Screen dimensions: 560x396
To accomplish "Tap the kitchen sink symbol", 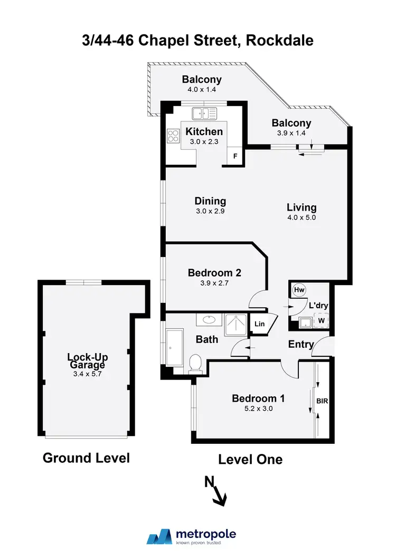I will [x=204, y=113].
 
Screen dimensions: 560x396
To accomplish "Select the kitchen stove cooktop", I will [x=174, y=137].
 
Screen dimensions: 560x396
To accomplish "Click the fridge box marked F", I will [x=235, y=156].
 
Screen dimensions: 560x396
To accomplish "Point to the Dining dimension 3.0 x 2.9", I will [x=210, y=211].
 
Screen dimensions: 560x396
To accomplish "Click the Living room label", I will [x=301, y=207].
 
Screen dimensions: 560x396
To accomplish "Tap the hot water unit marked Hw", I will [x=299, y=290].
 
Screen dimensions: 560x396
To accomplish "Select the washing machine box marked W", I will [x=320, y=320].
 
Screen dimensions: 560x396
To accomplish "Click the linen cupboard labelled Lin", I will [x=259, y=325].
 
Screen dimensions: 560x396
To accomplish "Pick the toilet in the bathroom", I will [x=195, y=363].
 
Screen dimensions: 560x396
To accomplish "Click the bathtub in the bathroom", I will [x=173, y=348].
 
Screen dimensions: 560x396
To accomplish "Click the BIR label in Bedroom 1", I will [x=322, y=401].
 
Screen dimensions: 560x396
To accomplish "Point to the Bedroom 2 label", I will [x=214, y=273].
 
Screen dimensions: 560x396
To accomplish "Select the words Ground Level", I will [x=86, y=458].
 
